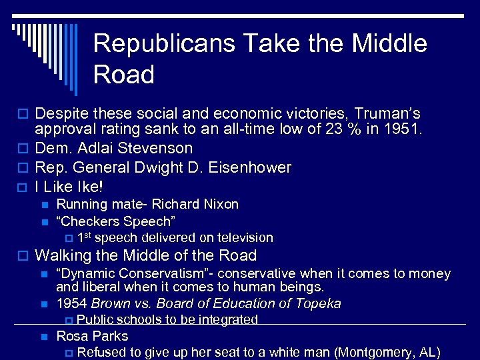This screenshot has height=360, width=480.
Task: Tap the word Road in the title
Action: [124, 75]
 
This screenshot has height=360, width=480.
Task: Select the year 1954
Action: [71, 304]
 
